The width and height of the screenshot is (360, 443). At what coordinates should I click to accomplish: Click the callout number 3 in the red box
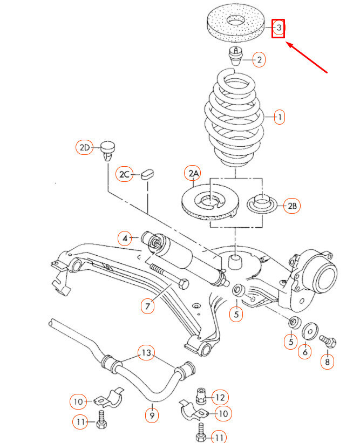(x=279, y=28)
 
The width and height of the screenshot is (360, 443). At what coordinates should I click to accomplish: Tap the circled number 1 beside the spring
(x=279, y=116)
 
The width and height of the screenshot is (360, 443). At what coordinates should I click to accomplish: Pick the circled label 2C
(x=125, y=174)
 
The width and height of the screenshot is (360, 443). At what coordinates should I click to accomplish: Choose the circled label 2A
(x=193, y=174)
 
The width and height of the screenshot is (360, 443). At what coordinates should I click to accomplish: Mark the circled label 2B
(x=291, y=206)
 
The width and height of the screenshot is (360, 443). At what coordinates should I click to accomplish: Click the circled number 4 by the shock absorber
(x=125, y=238)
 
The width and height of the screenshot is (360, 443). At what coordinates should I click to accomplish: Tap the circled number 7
(x=147, y=306)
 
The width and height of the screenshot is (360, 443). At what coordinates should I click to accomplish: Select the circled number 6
(x=305, y=351)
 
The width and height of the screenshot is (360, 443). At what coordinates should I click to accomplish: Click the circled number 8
(x=327, y=361)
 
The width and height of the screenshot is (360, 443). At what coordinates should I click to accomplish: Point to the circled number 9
(x=152, y=415)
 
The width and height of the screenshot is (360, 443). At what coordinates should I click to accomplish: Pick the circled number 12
(x=219, y=397)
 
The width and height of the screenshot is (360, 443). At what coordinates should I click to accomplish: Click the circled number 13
(x=146, y=353)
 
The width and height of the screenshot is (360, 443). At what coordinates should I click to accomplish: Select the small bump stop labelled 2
(x=235, y=55)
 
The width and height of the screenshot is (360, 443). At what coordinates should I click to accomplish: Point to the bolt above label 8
(x=328, y=341)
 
